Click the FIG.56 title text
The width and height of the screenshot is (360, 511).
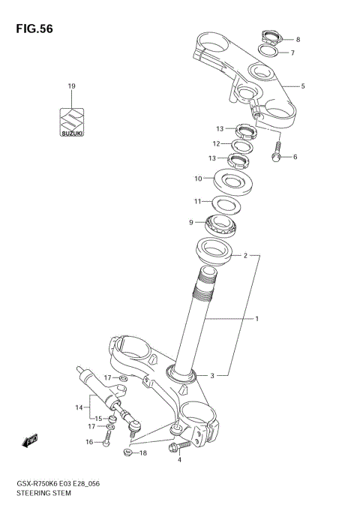click(x=31, y=29)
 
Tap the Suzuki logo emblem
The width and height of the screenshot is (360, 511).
click(x=72, y=122)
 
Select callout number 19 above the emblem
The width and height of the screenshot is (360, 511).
click(x=72, y=86)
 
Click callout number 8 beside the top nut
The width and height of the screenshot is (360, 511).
click(x=297, y=40)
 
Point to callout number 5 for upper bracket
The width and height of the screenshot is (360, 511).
click(x=303, y=86)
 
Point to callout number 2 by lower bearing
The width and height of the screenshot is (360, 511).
click(x=244, y=255)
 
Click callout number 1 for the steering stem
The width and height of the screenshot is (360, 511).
click(x=256, y=319)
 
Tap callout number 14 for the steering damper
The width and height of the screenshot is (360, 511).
click(x=78, y=407)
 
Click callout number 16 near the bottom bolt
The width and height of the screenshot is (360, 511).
click(x=88, y=442)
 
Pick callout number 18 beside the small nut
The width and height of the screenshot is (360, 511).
click(x=143, y=453)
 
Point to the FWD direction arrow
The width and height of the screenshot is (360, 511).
click(x=31, y=440)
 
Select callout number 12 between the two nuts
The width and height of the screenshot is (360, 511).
click(x=215, y=143)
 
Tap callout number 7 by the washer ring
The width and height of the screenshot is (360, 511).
click(x=292, y=53)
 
